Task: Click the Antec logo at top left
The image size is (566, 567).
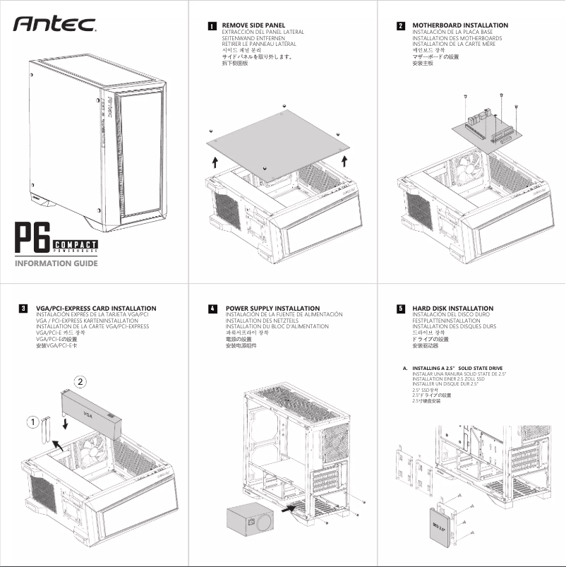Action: click(55, 24)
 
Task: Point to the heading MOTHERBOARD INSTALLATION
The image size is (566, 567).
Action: click(459, 25)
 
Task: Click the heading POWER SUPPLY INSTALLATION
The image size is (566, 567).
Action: click(272, 309)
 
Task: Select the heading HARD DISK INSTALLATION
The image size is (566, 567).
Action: click(452, 309)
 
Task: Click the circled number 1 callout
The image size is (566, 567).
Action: click(32, 422)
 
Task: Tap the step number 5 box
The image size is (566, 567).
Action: click(401, 309)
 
